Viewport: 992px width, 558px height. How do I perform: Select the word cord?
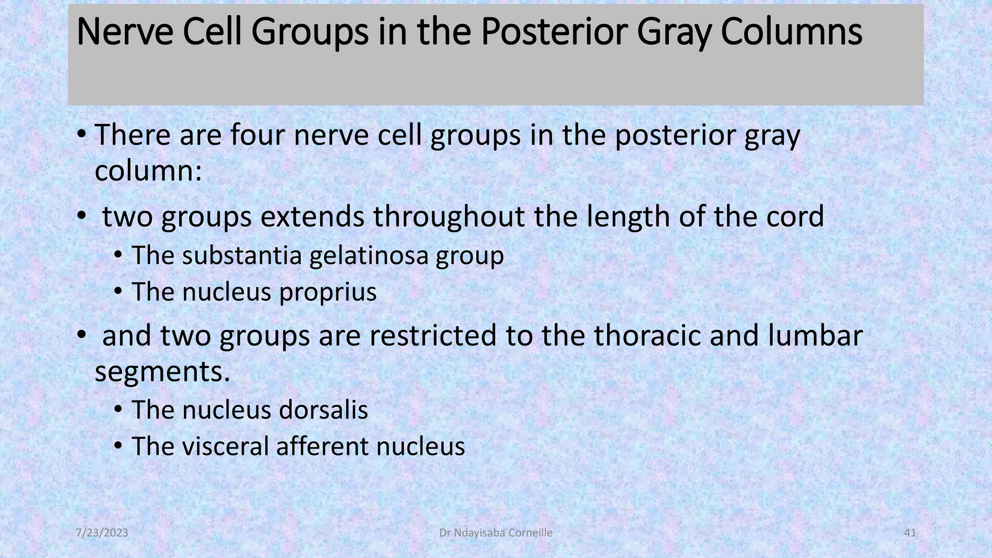pyautogui.click(x=794, y=216)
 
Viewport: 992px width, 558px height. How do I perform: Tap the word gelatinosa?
pyautogui.click(x=369, y=255)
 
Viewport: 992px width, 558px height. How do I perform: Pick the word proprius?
pyautogui.click(x=327, y=292)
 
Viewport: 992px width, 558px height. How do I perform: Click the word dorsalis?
pyautogui.click(x=324, y=410)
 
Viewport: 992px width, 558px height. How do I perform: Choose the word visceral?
pyautogui.click(x=225, y=446)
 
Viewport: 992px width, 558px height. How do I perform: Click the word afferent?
pyautogui.click(x=322, y=446)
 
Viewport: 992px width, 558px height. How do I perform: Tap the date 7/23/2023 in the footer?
pyautogui.click(x=102, y=533)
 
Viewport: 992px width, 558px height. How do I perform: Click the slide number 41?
pyautogui.click(x=910, y=533)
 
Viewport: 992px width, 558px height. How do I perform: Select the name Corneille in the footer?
pyautogui.click(x=529, y=533)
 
